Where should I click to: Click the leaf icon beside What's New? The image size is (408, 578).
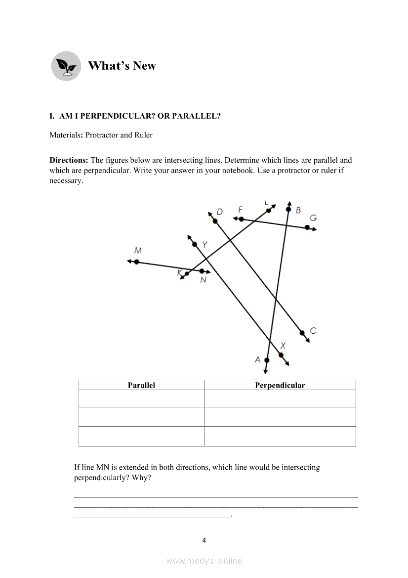pyautogui.click(x=66, y=66)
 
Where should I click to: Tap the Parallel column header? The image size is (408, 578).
pyautogui.click(x=141, y=385)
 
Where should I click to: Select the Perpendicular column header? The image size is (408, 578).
pyautogui.click(x=280, y=385)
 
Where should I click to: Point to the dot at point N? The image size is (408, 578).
pyautogui.click(x=202, y=271)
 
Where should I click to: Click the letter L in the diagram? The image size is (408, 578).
pyautogui.click(x=266, y=202)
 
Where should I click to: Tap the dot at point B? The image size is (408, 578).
pyautogui.click(x=288, y=209)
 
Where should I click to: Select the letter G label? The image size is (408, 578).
pyautogui.click(x=313, y=218)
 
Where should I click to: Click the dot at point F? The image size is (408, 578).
pyautogui.click(x=241, y=219)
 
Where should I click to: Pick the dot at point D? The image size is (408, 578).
pyautogui.click(x=215, y=221)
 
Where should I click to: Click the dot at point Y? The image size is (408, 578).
pyautogui.click(x=194, y=244)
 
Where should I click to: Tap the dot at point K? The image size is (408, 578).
pyautogui.click(x=187, y=274)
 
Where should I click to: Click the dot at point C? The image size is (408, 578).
pyautogui.click(x=302, y=333)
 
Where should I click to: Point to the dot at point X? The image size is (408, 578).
pyautogui.click(x=281, y=355)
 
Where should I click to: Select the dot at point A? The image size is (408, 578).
pyautogui.click(x=267, y=360)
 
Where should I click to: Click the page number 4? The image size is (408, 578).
pyautogui.click(x=204, y=540)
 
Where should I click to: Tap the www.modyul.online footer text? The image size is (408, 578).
pyautogui.click(x=204, y=561)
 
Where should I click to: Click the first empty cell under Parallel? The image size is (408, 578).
pyautogui.click(x=141, y=399)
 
